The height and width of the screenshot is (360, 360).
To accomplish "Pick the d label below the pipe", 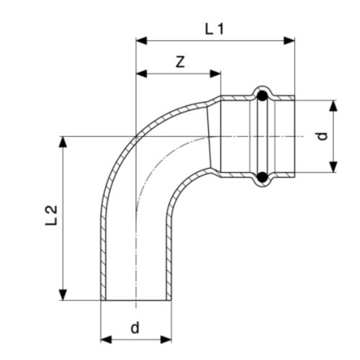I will tap(135, 328).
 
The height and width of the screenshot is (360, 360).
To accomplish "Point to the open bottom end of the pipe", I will tap(135, 300).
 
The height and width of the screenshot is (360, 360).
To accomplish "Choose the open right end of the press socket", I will tap(294, 136).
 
